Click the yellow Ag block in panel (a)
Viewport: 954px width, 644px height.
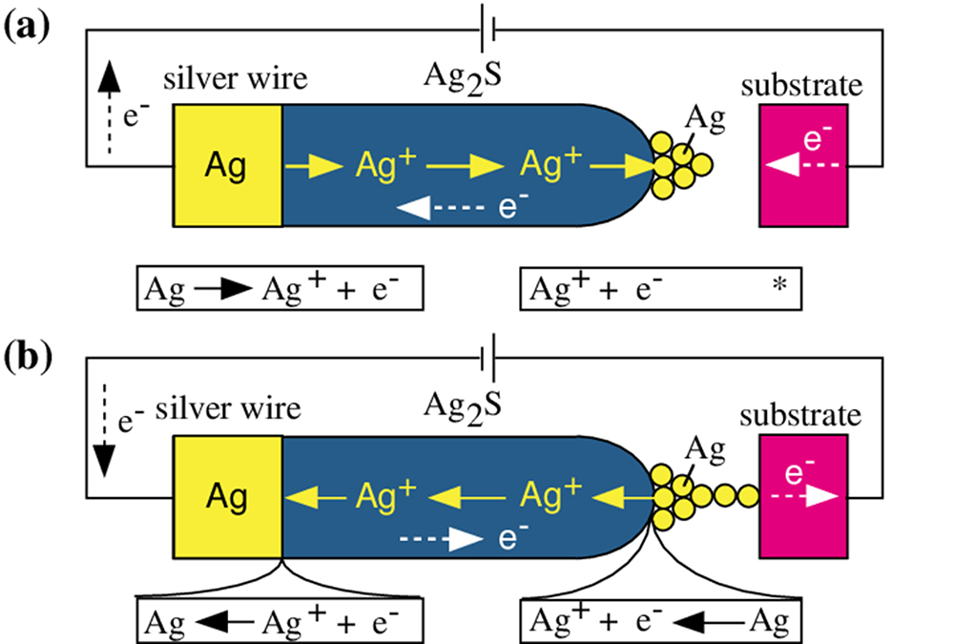pos(227,166)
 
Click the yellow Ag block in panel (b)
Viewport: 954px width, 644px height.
pos(227,496)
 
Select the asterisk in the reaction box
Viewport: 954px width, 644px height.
pos(779,285)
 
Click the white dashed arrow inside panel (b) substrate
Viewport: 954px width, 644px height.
pos(809,497)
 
